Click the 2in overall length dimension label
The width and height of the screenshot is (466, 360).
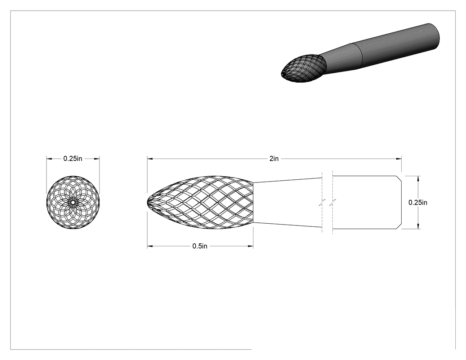274,159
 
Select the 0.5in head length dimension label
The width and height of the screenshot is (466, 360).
200,246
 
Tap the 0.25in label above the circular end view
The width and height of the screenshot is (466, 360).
72,159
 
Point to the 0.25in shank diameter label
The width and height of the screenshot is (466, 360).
418,202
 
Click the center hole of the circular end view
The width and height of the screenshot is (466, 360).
73,202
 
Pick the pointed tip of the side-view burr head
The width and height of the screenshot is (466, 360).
148,202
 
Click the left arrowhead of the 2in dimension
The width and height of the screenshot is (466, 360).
150,159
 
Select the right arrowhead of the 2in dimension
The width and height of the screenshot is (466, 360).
399,159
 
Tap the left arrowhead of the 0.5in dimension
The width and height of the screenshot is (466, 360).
150,246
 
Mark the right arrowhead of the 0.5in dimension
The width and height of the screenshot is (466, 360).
250,246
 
